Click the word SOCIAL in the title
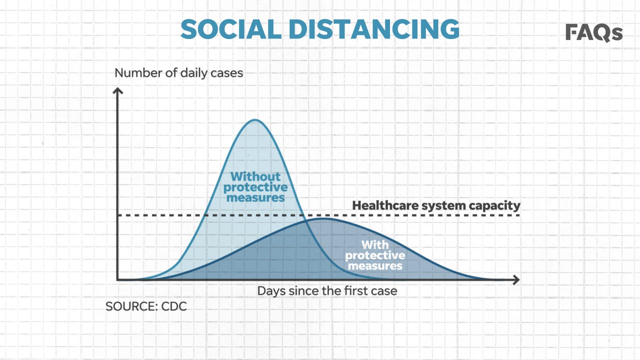(231, 29)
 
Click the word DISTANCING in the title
(374, 29)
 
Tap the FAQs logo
(594, 32)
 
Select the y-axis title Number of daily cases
(179, 73)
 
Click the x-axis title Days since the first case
(327, 291)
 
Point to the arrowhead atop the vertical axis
(117, 90)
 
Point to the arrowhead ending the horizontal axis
(516, 279)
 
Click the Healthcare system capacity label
(436, 205)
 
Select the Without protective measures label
(255, 187)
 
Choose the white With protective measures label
(375, 255)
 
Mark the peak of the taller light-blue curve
(255, 119)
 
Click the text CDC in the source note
(174, 306)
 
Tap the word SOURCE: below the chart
(131, 306)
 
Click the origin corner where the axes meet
(117, 279)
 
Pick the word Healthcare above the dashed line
(384, 205)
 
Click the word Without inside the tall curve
(255, 176)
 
